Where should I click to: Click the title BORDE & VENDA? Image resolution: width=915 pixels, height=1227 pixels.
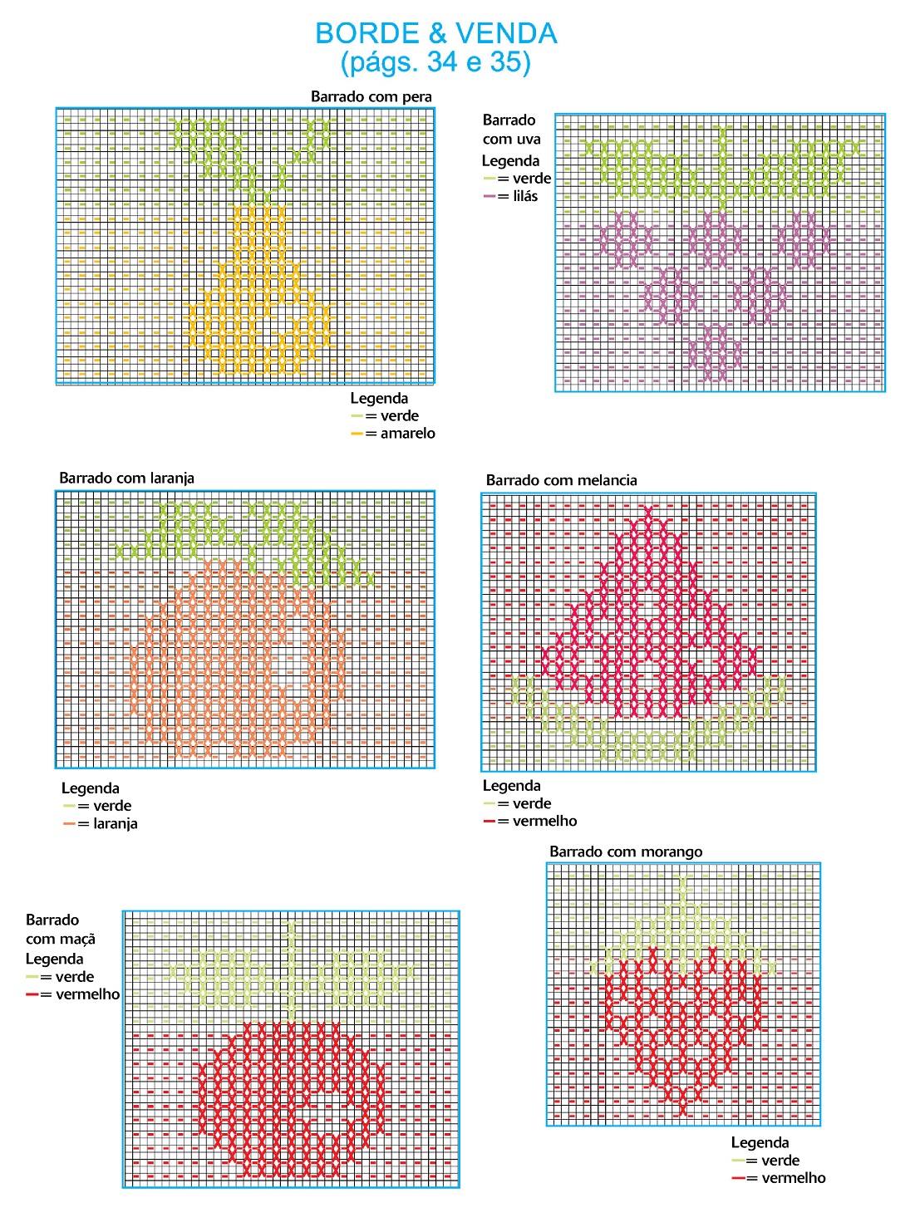[435, 33]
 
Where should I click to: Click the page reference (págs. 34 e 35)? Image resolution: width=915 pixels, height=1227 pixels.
[435, 62]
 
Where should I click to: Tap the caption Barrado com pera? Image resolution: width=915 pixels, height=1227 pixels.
[371, 96]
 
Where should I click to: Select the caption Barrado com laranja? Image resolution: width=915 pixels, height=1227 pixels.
[126, 478]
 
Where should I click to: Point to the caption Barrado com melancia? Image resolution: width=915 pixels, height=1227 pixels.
[561, 480]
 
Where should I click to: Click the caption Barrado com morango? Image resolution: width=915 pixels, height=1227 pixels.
[626, 852]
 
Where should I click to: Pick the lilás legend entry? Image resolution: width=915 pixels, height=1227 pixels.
[524, 197]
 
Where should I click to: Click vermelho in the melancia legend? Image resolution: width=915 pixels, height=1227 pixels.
[544, 822]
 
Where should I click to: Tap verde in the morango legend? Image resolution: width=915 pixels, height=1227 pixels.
[780, 1161]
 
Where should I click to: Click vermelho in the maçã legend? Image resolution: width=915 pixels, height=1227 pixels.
[87, 994]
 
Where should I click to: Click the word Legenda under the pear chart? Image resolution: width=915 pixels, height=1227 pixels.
[379, 399]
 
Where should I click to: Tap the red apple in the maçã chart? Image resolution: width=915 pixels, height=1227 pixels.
[291, 1097]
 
